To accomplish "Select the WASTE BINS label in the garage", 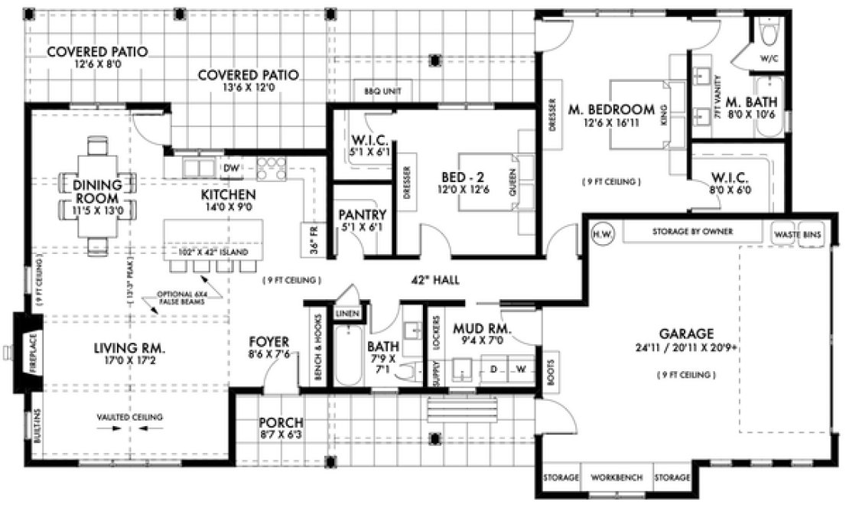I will [x=798, y=234].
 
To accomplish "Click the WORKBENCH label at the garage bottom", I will [x=616, y=478].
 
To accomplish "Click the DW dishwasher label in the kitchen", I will [x=229, y=168].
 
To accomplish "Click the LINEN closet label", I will [x=343, y=314].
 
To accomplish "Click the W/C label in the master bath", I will [x=767, y=58].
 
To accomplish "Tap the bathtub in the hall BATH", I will [x=346, y=358].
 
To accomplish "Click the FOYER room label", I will [x=268, y=341].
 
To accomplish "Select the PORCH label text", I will [x=281, y=422].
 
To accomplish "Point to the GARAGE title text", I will [x=685, y=334].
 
